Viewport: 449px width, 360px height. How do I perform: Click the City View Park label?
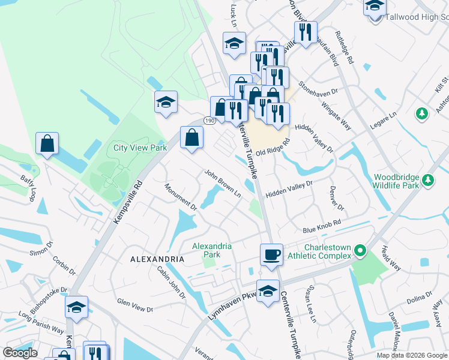point(140,147)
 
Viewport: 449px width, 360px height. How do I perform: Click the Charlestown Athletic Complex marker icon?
point(360,250)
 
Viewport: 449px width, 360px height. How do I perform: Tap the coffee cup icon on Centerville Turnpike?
point(271,254)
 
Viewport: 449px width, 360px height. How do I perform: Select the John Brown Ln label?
point(222,184)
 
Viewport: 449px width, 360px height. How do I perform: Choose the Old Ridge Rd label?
point(273,148)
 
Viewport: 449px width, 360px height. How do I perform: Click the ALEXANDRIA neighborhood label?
point(157,259)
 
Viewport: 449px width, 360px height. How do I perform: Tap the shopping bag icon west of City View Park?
point(47,144)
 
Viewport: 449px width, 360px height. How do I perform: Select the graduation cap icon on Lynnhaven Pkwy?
point(268,291)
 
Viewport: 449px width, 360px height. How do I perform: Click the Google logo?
point(20,353)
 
